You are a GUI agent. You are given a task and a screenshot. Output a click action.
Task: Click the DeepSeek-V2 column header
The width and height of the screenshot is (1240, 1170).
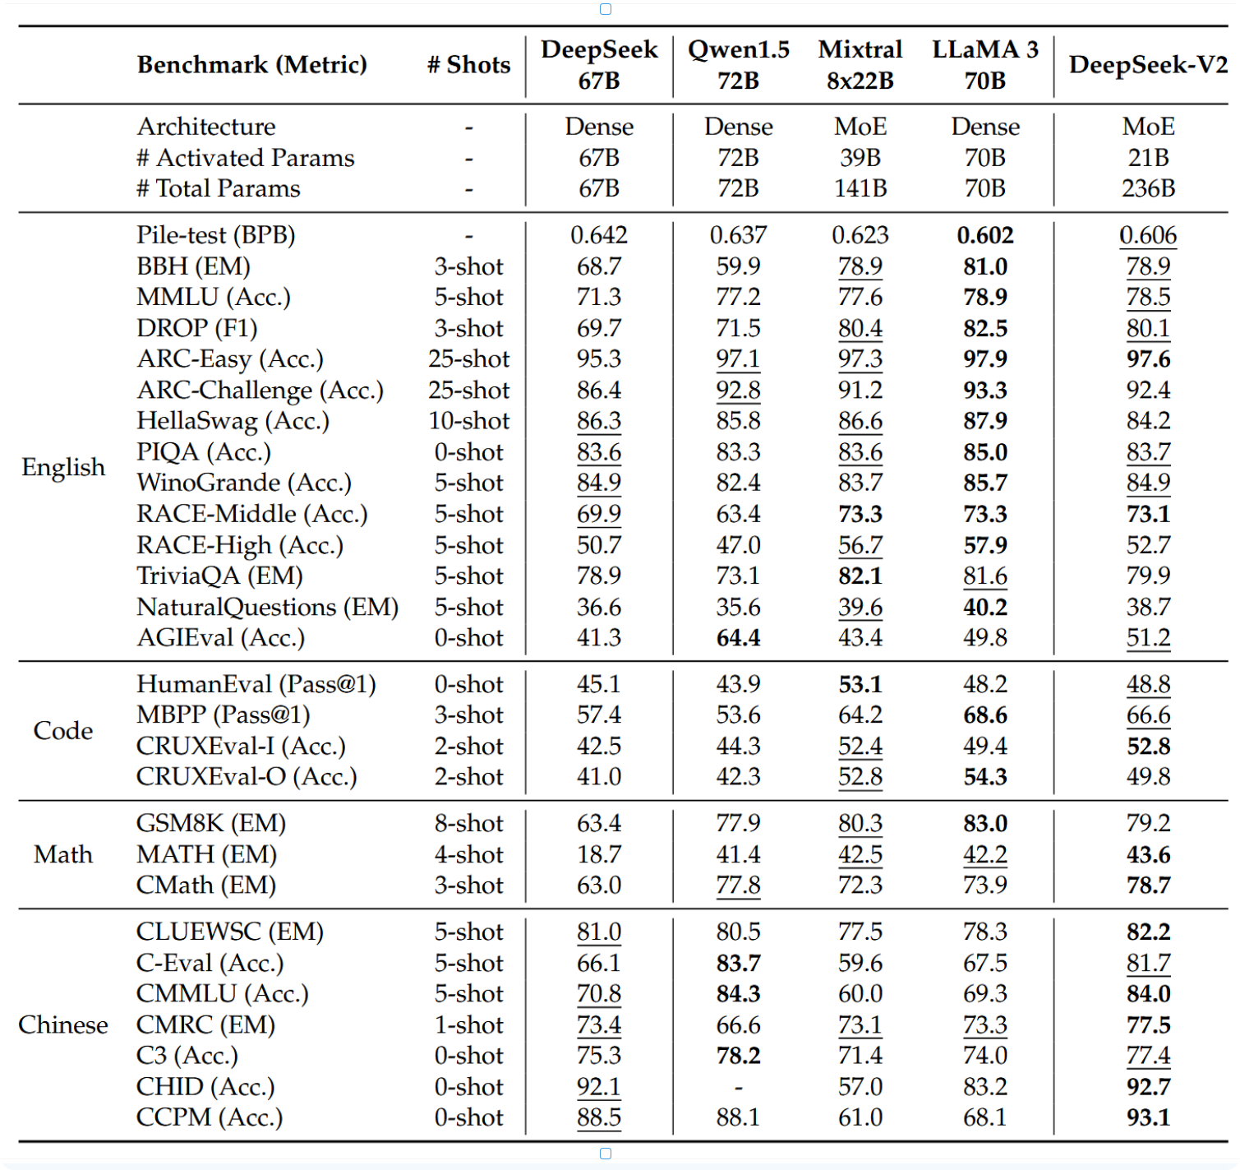[1148, 65]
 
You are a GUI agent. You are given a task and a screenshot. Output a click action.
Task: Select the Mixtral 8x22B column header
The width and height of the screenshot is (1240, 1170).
[860, 65]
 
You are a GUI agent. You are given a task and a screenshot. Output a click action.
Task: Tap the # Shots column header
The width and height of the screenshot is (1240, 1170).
[468, 65]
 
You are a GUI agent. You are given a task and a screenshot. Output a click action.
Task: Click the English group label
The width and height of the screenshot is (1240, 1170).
[63, 467]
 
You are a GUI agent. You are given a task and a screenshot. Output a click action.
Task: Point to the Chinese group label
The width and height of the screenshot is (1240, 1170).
[63, 1024]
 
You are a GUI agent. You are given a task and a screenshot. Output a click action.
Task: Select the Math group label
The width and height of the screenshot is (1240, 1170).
[63, 853]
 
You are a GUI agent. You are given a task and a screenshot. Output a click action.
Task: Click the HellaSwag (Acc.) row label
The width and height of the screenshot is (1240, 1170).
[233, 421]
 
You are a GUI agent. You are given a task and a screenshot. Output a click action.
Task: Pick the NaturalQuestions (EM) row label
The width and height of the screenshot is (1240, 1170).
[267, 607]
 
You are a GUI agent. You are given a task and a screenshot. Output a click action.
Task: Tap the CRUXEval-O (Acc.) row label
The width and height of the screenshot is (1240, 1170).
[247, 777]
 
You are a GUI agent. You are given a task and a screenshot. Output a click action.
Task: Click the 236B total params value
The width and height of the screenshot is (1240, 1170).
[1148, 188]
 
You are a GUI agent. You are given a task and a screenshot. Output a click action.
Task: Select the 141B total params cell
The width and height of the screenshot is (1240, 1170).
[860, 188]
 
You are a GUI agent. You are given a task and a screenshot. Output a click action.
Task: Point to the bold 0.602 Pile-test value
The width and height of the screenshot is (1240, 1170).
[984, 235]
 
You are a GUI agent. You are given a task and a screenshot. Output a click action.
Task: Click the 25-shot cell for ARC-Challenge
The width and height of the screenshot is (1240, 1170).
[468, 390]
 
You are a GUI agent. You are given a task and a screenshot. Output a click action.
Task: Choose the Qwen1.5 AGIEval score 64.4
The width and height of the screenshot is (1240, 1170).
[738, 637]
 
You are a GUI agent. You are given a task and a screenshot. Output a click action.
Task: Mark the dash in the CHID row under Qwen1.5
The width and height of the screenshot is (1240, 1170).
[738, 1088]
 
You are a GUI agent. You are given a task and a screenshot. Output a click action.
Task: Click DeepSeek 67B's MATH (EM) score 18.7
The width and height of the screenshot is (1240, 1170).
[598, 853]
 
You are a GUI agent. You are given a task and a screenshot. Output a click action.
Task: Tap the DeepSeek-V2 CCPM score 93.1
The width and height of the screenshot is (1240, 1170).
[1148, 1117]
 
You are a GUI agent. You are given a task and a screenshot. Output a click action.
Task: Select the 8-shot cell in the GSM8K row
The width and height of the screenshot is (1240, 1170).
[468, 823]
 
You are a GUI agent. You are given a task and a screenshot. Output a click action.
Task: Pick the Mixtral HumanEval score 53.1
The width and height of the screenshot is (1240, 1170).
[860, 684]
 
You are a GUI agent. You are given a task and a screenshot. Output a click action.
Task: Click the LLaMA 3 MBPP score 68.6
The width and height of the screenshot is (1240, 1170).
[984, 715]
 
